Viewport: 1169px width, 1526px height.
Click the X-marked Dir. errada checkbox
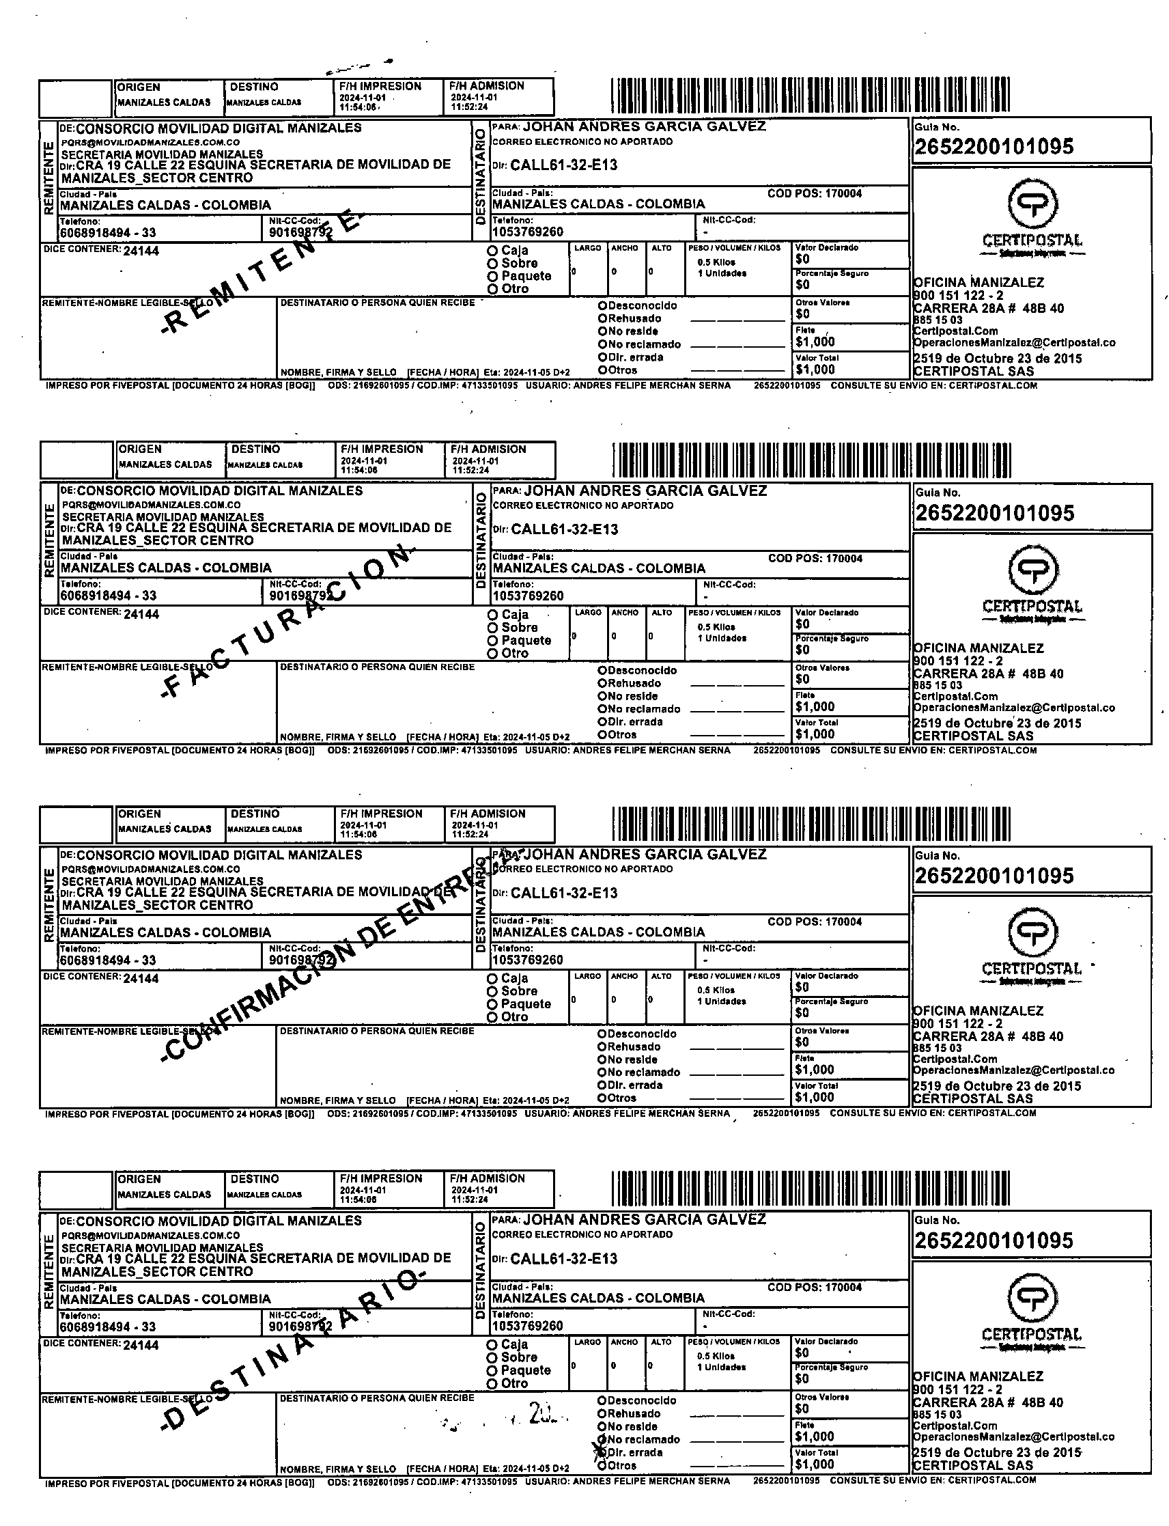tap(600, 1452)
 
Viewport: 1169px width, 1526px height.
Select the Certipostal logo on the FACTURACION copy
tap(1032, 585)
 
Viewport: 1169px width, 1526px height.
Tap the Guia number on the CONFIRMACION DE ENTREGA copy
tap(994, 876)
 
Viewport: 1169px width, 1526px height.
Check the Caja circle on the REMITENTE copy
tap(492, 251)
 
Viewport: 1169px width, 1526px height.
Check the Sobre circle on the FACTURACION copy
tap(492, 628)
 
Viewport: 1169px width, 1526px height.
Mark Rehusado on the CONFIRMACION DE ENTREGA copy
tap(602, 1047)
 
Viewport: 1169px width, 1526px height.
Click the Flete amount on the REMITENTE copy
tap(815, 342)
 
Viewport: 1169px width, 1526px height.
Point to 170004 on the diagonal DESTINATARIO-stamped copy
tap(843, 1288)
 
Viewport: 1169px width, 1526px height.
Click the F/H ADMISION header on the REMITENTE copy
tap(487, 86)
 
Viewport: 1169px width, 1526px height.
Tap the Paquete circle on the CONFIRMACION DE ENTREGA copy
tap(492, 1005)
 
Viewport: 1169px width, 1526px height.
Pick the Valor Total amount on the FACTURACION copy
tap(815, 734)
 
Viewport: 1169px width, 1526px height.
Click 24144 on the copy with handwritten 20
tap(141, 1346)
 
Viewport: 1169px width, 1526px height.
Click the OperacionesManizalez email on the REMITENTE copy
tap(1014, 343)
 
